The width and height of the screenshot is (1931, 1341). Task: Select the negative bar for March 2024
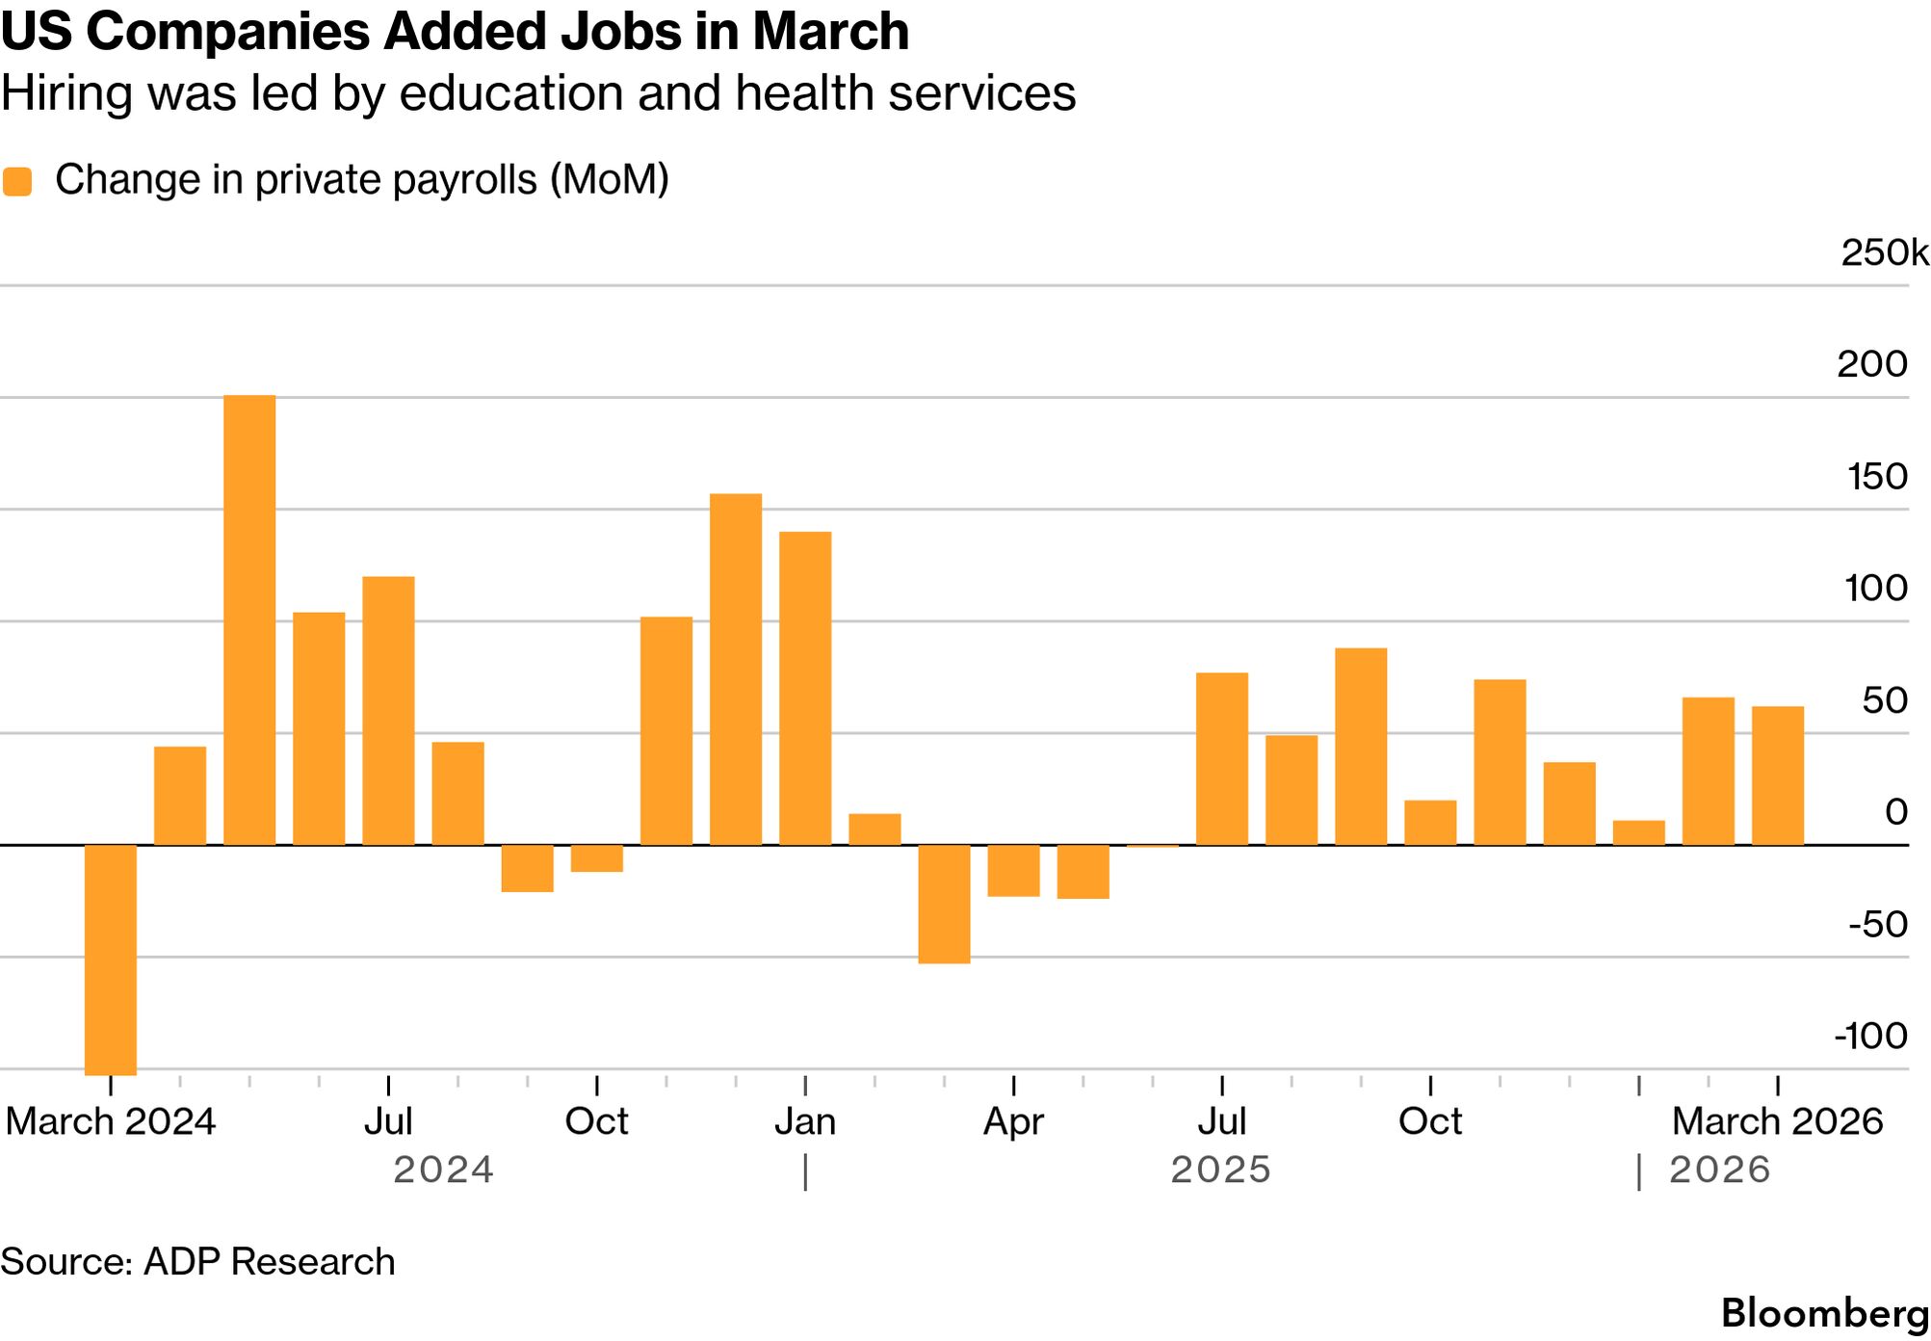(111, 960)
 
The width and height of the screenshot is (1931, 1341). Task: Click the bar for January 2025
(805, 689)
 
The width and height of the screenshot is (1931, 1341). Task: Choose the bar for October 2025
(1430, 823)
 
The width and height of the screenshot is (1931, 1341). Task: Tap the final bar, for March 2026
(1778, 776)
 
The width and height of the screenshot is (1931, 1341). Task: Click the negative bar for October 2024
(597, 858)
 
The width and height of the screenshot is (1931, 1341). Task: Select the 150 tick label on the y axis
(1877, 477)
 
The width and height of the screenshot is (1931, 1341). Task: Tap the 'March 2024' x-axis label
(111, 1122)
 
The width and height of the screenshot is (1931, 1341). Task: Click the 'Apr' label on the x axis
(1013, 1122)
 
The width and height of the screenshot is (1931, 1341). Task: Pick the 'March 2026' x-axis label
(1777, 1122)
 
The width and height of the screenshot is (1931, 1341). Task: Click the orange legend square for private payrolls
(17, 181)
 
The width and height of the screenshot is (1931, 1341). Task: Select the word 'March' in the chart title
(831, 32)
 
